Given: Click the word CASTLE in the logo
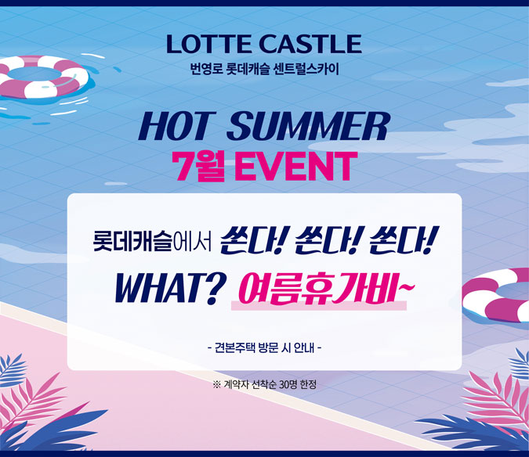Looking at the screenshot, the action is point(310,44).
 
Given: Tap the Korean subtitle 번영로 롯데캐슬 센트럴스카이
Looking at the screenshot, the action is point(265,69).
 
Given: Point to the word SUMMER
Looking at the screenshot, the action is point(308,126).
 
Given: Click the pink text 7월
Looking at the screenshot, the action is point(198,167).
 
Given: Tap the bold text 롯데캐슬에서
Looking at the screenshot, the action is point(152,241).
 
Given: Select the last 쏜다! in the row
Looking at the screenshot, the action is point(401,240).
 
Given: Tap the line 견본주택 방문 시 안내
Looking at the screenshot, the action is point(265,347).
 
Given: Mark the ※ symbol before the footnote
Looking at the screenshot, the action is point(217,384).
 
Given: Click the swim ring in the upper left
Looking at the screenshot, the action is point(42,77).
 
